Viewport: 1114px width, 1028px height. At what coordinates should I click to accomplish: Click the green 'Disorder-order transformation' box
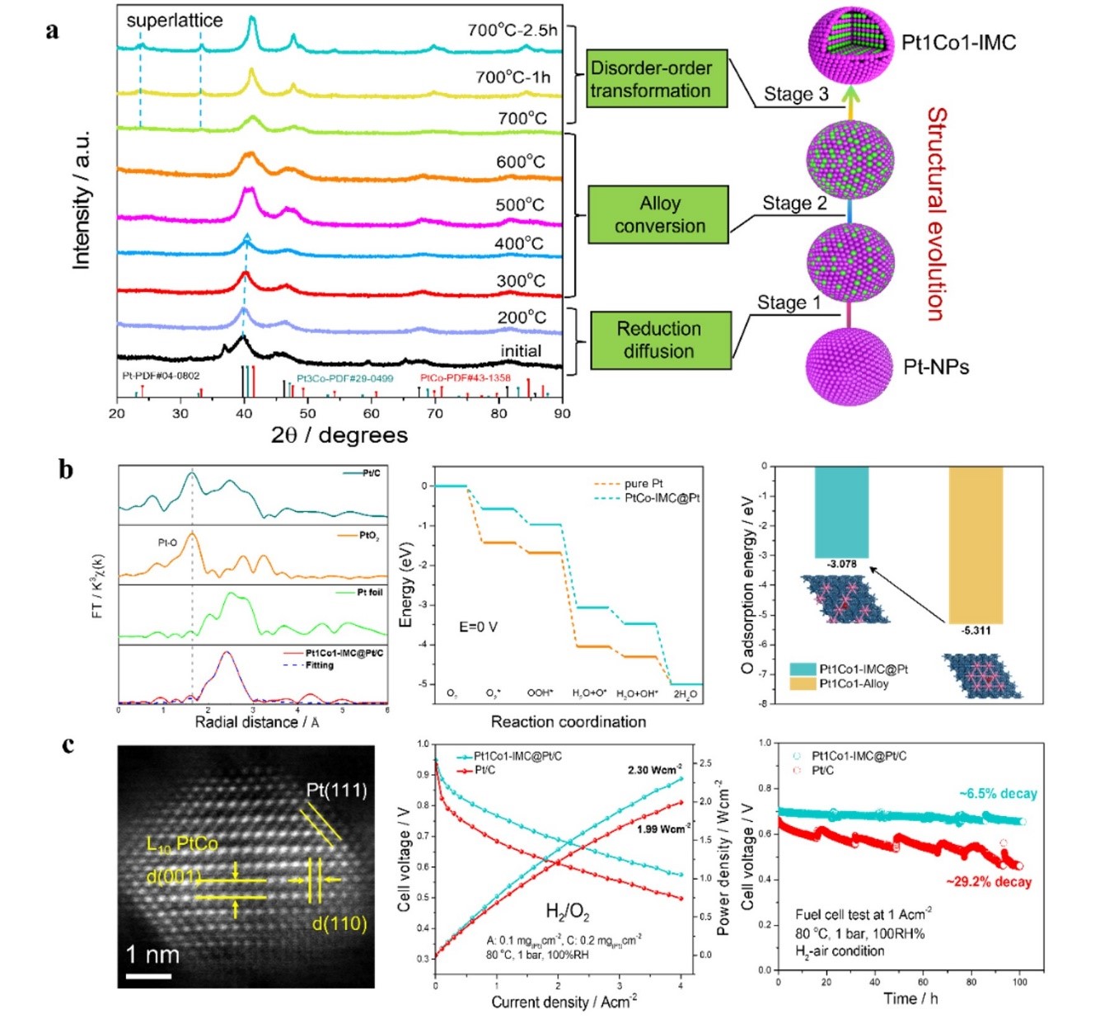[x=657, y=79]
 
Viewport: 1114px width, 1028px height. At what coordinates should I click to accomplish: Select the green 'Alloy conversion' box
[x=658, y=214]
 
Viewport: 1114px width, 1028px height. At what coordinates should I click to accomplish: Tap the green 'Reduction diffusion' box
[x=661, y=340]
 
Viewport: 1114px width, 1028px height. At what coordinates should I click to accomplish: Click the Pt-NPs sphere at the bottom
[x=850, y=366]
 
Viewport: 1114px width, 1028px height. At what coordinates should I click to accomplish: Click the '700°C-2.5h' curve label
[x=512, y=31]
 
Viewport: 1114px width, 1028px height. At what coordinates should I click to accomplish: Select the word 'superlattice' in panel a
[x=174, y=21]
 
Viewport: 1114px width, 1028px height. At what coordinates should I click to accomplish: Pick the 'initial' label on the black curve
[x=521, y=350]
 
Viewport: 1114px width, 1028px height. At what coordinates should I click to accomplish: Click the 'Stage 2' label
[x=793, y=203]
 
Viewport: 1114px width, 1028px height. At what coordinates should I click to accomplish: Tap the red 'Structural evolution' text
[x=936, y=214]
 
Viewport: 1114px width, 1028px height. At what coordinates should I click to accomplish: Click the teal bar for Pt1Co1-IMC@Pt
[x=841, y=512]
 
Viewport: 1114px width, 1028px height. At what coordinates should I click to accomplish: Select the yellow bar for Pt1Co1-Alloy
[x=976, y=544]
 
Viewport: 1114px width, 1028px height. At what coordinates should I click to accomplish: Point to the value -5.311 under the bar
[x=976, y=631]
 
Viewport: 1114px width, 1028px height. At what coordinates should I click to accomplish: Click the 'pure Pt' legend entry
[x=643, y=483]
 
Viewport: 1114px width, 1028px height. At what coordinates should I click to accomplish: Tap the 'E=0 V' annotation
[x=478, y=627]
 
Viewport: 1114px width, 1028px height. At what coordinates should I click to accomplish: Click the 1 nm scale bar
[x=148, y=976]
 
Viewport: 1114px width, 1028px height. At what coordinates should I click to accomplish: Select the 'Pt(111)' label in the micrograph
[x=336, y=790]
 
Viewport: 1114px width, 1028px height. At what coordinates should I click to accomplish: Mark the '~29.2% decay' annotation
[x=988, y=882]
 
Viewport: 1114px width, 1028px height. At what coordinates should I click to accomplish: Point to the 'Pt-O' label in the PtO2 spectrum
[x=167, y=542]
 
